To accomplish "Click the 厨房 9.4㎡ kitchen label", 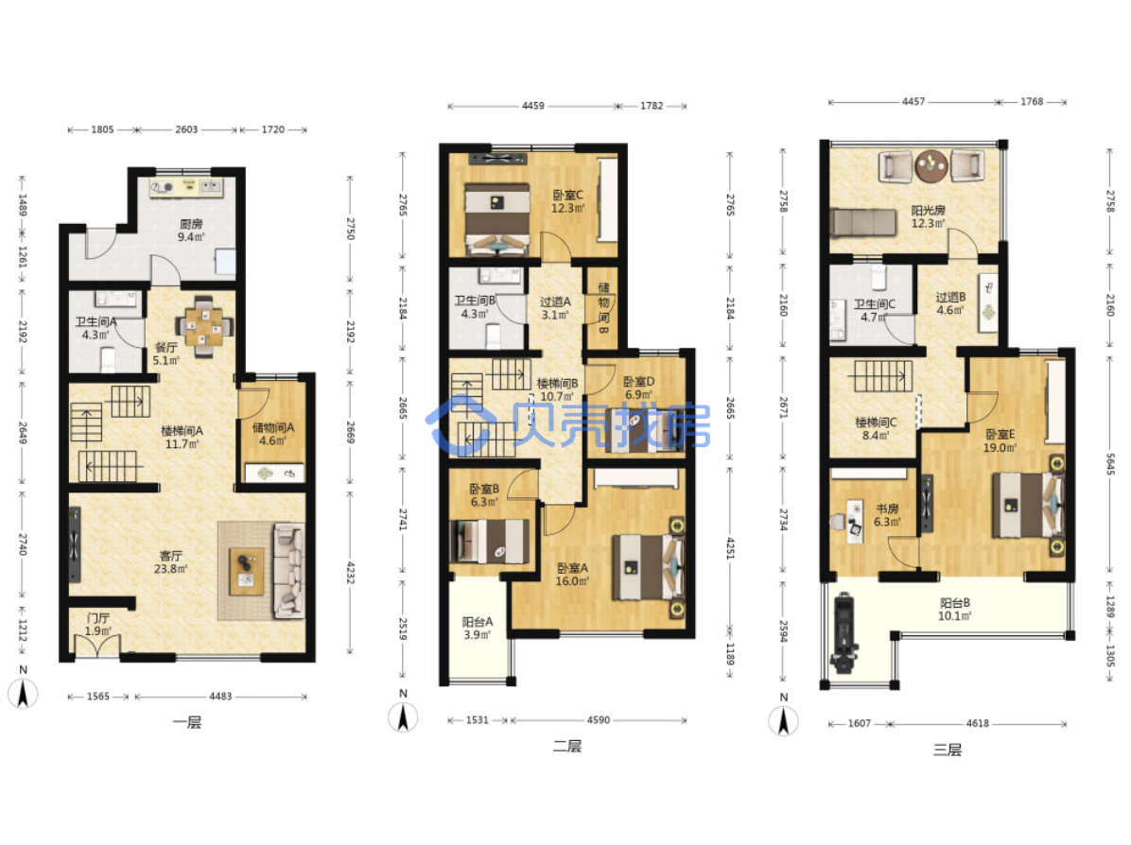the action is pyautogui.click(x=191, y=230).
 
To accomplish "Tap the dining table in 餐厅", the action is pyautogui.click(x=205, y=327).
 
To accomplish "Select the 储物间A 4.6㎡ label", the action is pyautogui.click(x=272, y=434).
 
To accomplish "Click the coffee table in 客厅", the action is pyautogui.click(x=247, y=571).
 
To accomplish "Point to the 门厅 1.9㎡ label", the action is pyautogui.click(x=98, y=625).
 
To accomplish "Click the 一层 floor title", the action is pyautogui.click(x=187, y=722).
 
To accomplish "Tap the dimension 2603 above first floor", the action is pyautogui.click(x=186, y=129).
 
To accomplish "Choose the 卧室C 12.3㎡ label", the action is pyautogui.click(x=567, y=202).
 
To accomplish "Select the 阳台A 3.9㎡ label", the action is pyautogui.click(x=477, y=628).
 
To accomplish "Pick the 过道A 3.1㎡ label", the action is pyautogui.click(x=555, y=308).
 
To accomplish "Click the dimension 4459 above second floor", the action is pyautogui.click(x=533, y=106).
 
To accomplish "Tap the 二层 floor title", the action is pyautogui.click(x=567, y=746).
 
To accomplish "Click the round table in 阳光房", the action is pyautogui.click(x=931, y=165).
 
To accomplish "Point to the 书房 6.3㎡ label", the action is pyautogui.click(x=886, y=515).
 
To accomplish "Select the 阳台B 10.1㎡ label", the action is pyautogui.click(x=954, y=610).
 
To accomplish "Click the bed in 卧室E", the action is pyautogui.click(x=1028, y=505).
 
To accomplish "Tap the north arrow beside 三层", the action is pyautogui.click(x=783, y=719).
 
